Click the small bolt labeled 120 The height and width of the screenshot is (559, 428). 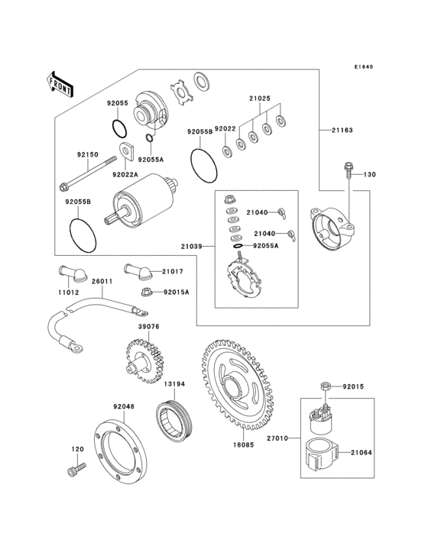coord(73,473)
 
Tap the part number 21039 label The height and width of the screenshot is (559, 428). coord(192,245)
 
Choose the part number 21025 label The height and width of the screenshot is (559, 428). coord(259,99)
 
